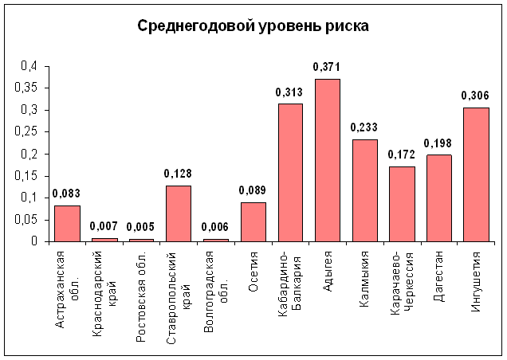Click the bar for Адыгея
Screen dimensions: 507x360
pyautogui.click(x=328, y=160)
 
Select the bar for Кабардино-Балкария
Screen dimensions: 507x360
pyautogui.click(x=290, y=173)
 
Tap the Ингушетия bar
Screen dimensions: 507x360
pyautogui.click(x=476, y=174)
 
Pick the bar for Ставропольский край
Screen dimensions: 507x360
pyautogui.click(x=179, y=213)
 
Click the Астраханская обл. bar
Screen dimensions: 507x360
pyautogui.click(x=67, y=224)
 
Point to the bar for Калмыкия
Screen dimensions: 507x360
pyautogui.click(x=365, y=190)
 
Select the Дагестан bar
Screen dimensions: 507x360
pyautogui.click(x=439, y=198)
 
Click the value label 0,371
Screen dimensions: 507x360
pyautogui.click(x=327, y=67)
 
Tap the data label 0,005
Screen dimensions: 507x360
pyautogui.click(x=140, y=227)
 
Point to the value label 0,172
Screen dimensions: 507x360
pyautogui.click(x=401, y=155)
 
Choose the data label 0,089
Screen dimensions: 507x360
pyautogui.click(x=253, y=190)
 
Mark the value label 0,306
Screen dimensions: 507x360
pyautogui.click(x=475, y=96)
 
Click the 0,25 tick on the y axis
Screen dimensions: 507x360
pyautogui.click(x=26, y=131)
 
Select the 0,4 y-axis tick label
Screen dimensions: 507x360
pyautogui.click(x=29, y=66)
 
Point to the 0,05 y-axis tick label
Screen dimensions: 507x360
pyautogui.click(x=26, y=220)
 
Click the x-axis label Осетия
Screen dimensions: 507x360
pyautogui.click(x=253, y=272)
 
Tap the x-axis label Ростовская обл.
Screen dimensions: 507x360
pyautogui.click(x=140, y=296)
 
